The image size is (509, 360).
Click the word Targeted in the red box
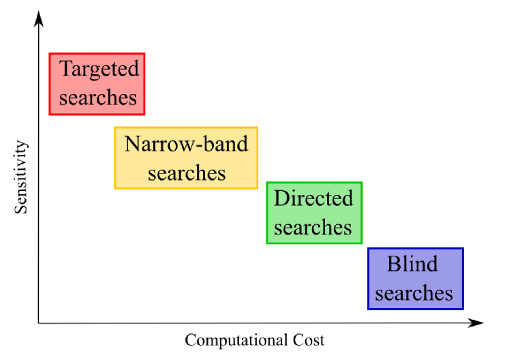99,69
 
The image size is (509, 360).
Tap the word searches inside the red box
97,97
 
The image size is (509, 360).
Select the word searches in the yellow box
186,173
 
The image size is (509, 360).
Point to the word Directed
313,198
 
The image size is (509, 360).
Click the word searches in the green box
313,227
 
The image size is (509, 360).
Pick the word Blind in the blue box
412,264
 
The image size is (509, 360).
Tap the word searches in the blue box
414,293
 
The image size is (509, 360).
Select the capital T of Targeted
66,68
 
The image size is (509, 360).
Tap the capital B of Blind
393,264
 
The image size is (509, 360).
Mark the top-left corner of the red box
49,53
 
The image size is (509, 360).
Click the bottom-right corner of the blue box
463,310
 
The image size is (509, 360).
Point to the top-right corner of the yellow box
258,127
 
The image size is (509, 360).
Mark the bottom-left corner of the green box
266,243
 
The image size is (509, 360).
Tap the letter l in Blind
407,263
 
